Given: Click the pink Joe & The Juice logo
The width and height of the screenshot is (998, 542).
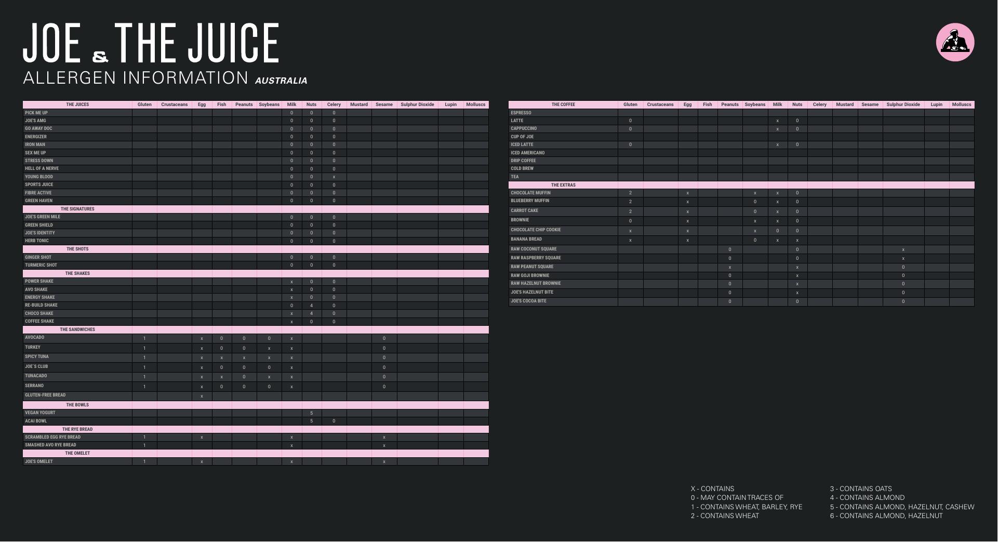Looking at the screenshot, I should tap(955, 42).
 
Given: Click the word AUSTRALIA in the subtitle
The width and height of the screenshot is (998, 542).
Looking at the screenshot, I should tap(281, 81).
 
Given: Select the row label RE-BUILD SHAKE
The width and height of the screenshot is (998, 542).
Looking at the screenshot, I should tap(41, 306).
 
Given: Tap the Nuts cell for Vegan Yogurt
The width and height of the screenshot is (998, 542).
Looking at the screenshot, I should tap(311, 413).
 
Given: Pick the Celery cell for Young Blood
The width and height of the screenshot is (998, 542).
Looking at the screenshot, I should tap(334, 177).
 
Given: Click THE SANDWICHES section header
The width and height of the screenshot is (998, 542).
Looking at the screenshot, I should tap(77, 330).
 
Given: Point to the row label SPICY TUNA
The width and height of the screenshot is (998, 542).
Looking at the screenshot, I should tap(37, 357).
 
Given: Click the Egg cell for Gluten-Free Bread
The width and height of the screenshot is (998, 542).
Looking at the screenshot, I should tap(202, 396).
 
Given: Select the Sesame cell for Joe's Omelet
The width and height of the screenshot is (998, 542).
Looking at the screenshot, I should tap(384, 462).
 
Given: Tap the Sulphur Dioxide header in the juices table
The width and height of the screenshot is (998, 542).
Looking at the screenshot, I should tap(417, 104).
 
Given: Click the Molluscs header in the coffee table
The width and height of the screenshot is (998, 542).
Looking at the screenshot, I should tap(961, 104).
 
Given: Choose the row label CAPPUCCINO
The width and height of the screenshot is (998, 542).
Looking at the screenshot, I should tap(524, 128).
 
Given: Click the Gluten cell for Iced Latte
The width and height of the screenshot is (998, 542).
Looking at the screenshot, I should tap(630, 145).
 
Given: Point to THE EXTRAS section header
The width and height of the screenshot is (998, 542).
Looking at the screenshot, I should tap(563, 185).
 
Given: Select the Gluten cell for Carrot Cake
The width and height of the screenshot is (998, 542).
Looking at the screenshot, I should tap(630, 211).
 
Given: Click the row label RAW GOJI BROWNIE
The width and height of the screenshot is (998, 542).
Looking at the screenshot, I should tap(530, 275).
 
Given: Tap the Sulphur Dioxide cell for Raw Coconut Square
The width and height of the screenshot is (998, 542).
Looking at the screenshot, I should tap(903, 250).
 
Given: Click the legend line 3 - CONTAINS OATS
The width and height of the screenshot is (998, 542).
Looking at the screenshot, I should tap(860, 489).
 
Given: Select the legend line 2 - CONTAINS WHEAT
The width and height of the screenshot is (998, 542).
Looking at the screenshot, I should tap(724, 516).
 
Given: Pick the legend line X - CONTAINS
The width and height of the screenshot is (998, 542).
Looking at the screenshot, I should tap(712, 489).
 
